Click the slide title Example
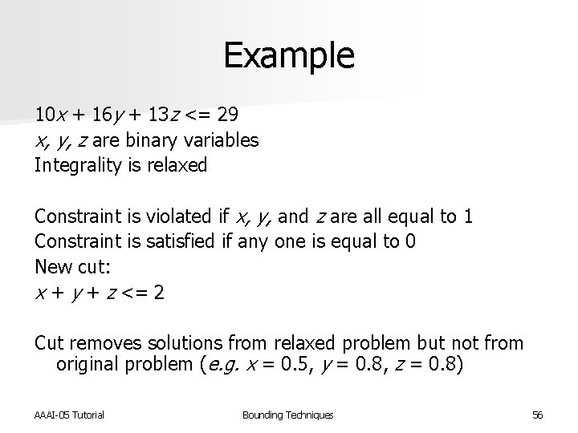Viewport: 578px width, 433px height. click(x=288, y=55)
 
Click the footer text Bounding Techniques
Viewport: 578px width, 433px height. click(x=287, y=415)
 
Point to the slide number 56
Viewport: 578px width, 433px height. click(x=537, y=415)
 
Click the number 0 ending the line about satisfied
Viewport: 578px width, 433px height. click(x=410, y=241)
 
